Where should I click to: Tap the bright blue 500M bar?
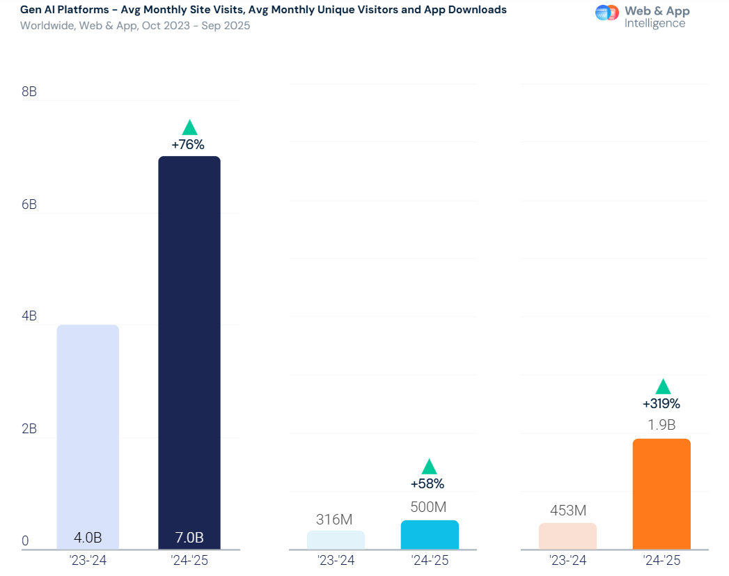(x=430, y=535)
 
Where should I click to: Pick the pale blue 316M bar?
(x=336, y=540)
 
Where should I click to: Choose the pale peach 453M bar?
(x=567, y=536)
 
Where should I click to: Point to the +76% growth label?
(x=188, y=145)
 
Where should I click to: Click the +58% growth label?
(x=428, y=483)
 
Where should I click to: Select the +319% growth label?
(x=661, y=403)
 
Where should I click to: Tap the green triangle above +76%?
(x=189, y=128)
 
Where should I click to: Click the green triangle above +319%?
(x=663, y=387)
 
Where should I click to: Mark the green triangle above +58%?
(x=429, y=467)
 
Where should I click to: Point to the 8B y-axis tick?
(x=29, y=92)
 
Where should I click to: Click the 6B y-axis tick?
(x=29, y=205)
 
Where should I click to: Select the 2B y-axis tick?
(x=29, y=429)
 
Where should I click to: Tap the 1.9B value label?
(x=661, y=425)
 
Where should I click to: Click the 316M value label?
(x=334, y=520)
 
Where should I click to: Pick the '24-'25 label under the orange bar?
(x=661, y=560)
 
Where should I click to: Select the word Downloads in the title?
(x=476, y=10)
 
